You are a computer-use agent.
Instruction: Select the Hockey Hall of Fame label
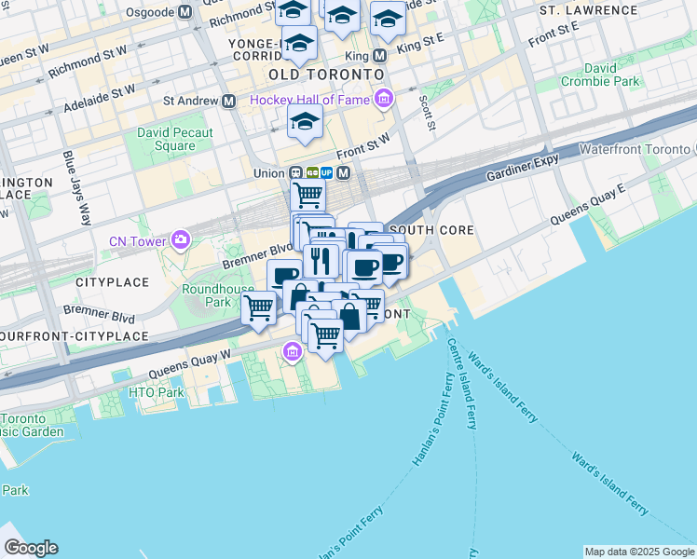tap(311, 99)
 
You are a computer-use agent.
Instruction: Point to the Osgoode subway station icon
tap(184, 12)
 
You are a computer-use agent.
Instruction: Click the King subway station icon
tap(379, 55)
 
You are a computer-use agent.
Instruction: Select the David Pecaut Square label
tap(174, 139)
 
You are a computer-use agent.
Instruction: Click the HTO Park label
tap(157, 392)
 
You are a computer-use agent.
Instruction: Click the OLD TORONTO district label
tap(326, 74)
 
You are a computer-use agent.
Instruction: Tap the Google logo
tap(31, 548)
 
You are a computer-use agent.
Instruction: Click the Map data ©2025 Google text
tap(638, 552)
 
